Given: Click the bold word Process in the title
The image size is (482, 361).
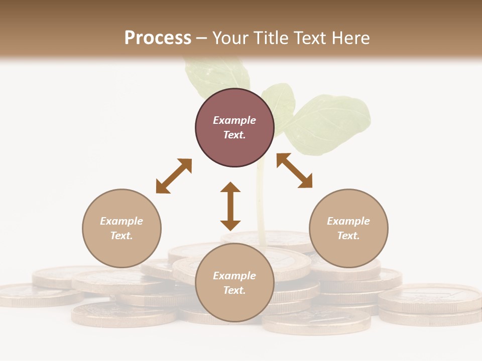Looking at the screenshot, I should click(x=158, y=38).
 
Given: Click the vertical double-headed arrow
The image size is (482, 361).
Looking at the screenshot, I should click(x=230, y=206).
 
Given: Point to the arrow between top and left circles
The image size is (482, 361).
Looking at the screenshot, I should click(x=174, y=176).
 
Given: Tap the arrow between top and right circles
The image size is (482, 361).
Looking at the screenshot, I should click(x=295, y=170).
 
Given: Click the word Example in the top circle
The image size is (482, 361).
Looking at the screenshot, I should click(x=234, y=120).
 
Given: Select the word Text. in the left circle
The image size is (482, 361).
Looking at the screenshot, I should click(x=122, y=236).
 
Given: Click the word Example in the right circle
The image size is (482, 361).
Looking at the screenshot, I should click(x=348, y=221).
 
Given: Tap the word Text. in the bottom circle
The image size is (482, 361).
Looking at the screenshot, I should click(x=234, y=290).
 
